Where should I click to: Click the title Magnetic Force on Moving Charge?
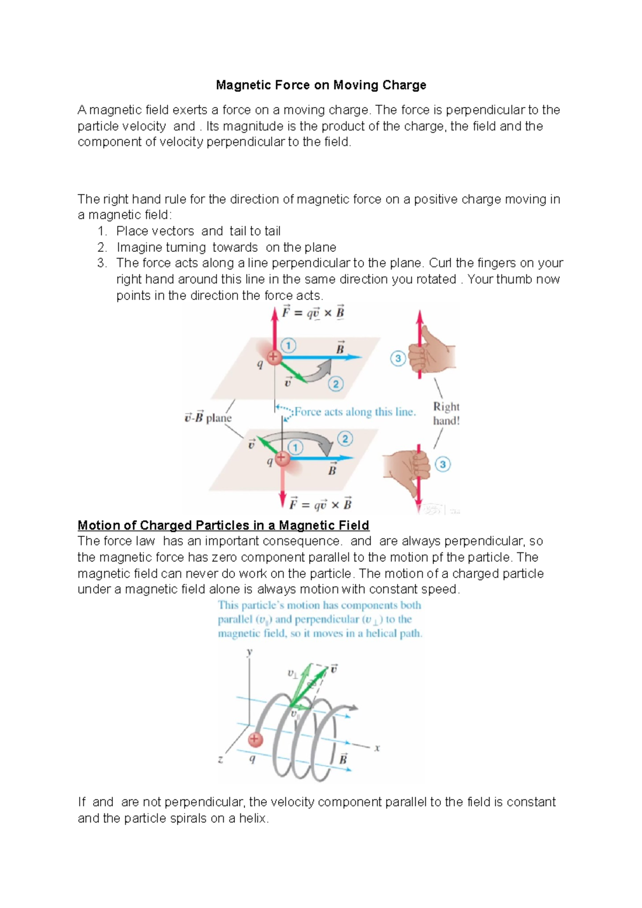click(x=321, y=85)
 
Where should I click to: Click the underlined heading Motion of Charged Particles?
click(x=223, y=525)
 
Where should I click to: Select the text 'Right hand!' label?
click(x=446, y=413)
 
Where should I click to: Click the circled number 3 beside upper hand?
click(x=398, y=358)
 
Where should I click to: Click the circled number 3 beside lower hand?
click(x=442, y=464)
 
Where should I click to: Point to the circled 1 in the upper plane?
click(x=288, y=345)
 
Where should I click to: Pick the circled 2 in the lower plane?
click(x=345, y=439)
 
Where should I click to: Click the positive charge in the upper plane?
click(x=273, y=357)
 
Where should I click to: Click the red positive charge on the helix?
click(x=255, y=739)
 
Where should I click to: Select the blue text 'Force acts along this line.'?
click(x=355, y=412)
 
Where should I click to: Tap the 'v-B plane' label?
click(x=208, y=418)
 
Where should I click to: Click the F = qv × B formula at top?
click(x=313, y=313)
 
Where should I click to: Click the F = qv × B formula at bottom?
click(x=320, y=504)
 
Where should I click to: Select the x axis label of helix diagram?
click(x=377, y=748)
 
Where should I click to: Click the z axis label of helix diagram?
click(x=220, y=759)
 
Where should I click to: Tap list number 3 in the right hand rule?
click(x=102, y=263)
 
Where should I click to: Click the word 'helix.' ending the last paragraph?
click(x=254, y=818)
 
